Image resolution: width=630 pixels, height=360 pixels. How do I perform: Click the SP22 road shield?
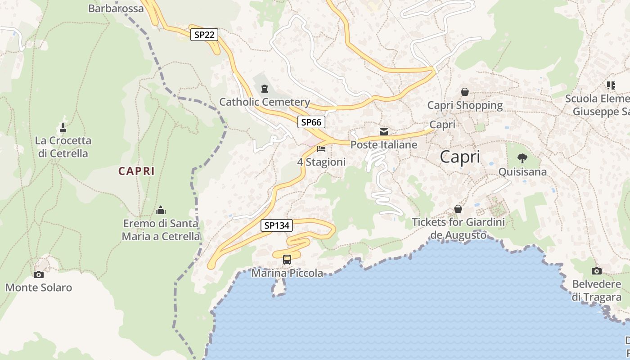point(204,35)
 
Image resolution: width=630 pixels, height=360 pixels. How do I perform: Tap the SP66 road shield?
point(311,122)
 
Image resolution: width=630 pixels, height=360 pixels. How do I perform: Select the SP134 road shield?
point(276,225)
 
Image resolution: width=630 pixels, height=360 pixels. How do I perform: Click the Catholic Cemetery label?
point(265,102)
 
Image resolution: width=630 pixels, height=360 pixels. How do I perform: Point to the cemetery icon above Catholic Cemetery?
point(264,88)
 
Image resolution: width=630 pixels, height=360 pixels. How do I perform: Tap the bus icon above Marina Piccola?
point(287,259)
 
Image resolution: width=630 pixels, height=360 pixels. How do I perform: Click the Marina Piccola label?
point(287,273)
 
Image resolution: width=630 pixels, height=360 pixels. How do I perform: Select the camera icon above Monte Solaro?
point(39,274)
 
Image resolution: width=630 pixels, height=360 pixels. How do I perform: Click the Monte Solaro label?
point(39,288)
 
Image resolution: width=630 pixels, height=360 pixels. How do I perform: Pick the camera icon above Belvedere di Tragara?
point(597,271)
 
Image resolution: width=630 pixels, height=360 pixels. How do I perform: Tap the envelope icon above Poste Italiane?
point(384,131)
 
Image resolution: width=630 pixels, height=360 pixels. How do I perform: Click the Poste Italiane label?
point(384,145)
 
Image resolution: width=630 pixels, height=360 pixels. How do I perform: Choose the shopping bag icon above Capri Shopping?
point(465,92)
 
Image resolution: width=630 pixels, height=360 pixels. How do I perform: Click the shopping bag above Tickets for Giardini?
point(458,209)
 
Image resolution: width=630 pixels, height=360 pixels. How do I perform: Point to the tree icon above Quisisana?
point(522,158)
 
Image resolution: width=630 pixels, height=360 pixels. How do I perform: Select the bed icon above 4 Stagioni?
point(321,148)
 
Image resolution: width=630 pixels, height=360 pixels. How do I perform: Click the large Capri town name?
point(459,157)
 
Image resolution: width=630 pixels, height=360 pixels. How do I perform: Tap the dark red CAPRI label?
point(136,171)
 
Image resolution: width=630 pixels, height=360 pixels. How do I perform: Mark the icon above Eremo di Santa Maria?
point(161,210)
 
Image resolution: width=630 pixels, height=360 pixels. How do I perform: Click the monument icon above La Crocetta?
point(63,127)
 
